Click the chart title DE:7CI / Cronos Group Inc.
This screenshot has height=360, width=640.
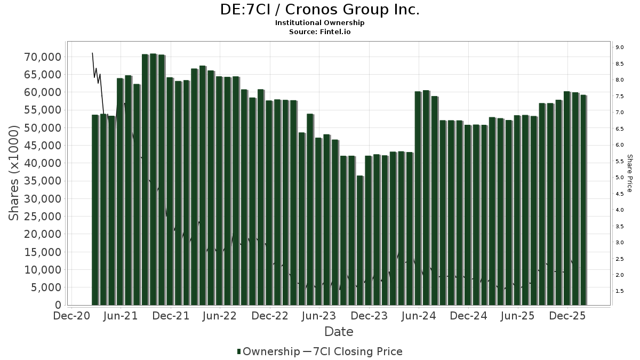(x=319, y=10)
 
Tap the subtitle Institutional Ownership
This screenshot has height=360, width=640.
(x=319, y=23)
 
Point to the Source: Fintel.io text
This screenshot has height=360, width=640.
(x=319, y=31)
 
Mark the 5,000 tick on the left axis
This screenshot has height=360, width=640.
(x=46, y=287)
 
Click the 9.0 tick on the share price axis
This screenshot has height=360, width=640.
(x=620, y=47)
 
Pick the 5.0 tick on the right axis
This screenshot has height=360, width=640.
(x=620, y=178)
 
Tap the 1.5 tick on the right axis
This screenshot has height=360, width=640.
(x=620, y=291)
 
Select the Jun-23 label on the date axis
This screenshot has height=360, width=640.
(x=319, y=316)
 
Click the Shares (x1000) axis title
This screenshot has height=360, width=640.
(x=15, y=173)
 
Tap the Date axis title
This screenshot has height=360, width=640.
(x=339, y=332)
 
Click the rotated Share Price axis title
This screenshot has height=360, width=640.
(x=629, y=173)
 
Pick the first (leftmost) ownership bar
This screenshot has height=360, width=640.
(x=95, y=210)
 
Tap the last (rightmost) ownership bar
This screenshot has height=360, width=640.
(x=583, y=200)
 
